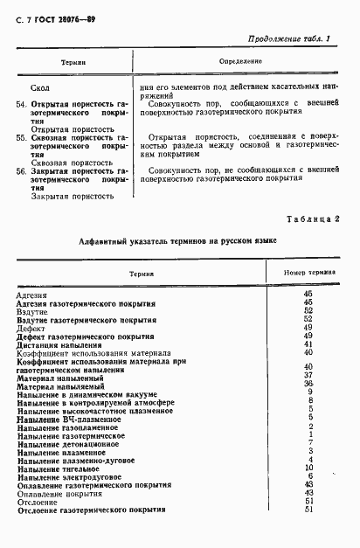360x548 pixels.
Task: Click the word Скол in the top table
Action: [x=39, y=89]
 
